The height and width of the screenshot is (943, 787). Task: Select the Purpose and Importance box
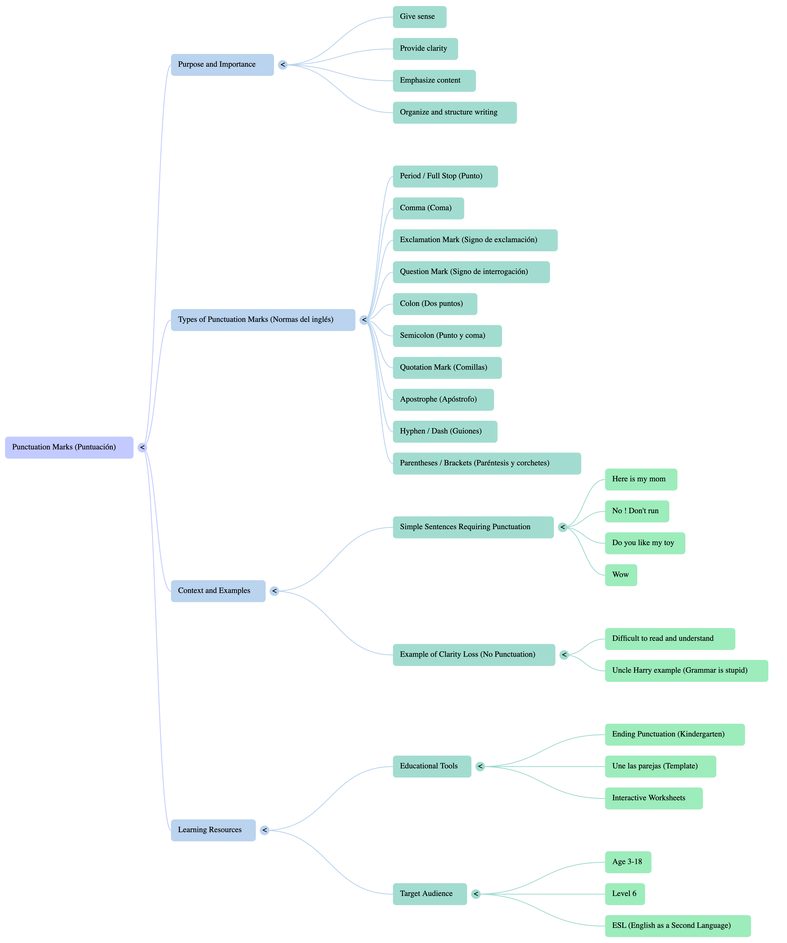point(222,65)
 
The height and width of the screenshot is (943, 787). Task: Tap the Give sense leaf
point(419,17)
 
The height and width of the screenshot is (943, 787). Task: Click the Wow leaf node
point(621,575)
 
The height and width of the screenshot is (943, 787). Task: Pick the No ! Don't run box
point(637,511)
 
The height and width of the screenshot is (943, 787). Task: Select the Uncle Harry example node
point(686,670)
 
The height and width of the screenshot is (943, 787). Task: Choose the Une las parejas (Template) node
point(660,766)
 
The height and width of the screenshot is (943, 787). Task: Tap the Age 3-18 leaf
point(628,862)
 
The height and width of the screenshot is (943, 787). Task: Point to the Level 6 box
point(624,894)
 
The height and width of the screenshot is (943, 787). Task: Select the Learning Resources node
point(213,830)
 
